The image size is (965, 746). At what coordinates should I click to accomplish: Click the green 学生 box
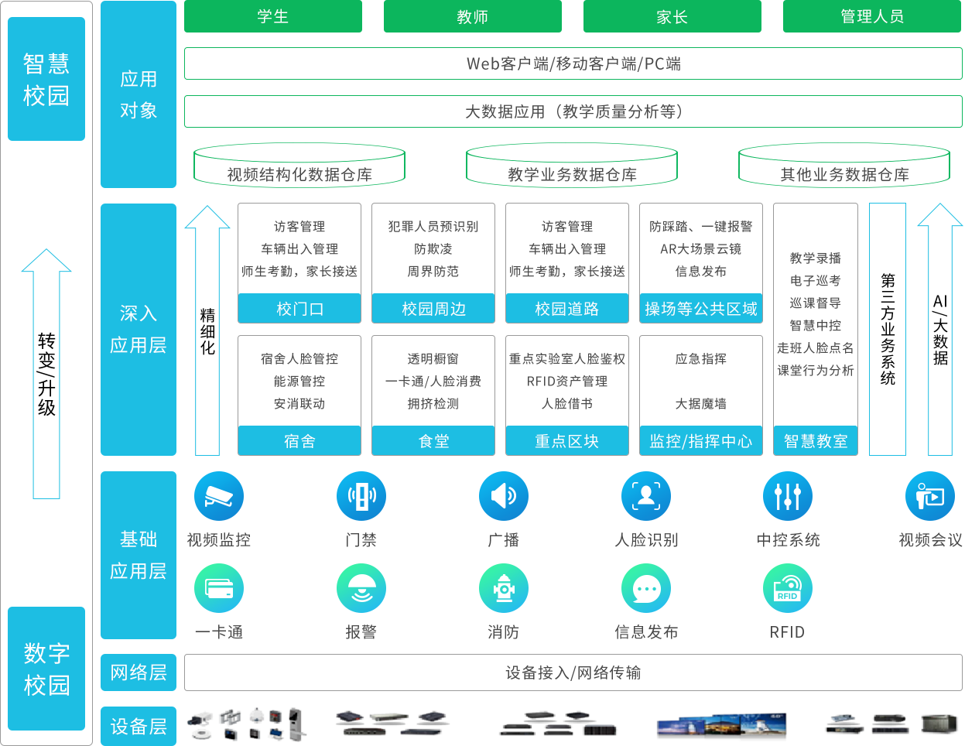tap(272, 16)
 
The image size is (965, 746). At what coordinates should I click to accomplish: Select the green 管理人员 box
tap(871, 16)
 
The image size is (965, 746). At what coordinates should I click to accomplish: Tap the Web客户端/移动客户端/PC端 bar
tap(573, 63)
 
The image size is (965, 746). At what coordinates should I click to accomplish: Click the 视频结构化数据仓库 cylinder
tap(299, 166)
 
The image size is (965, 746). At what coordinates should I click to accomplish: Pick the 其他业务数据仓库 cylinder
tap(844, 166)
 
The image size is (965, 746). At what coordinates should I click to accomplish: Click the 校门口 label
tap(299, 309)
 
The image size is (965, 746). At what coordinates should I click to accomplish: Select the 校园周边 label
tap(433, 309)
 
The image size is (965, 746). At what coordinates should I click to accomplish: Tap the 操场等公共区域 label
tap(701, 309)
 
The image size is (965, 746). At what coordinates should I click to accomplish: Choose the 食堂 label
tap(433, 441)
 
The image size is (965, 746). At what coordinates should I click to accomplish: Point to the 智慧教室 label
tap(816, 441)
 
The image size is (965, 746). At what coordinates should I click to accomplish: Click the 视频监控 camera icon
tap(219, 496)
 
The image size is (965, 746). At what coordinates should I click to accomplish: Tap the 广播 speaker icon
tap(504, 496)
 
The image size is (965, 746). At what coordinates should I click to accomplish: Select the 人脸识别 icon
tap(646, 496)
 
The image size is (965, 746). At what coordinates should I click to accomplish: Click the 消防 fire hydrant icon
tap(504, 589)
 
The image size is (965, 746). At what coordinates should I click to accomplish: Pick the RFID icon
tap(788, 589)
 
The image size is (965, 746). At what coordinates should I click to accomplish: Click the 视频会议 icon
tap(930, 496)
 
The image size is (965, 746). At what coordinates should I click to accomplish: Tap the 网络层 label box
tap(139, 672)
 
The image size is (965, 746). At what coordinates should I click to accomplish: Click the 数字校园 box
tap(46, 669)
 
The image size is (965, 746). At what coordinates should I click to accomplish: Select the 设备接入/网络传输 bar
tap(573, 672)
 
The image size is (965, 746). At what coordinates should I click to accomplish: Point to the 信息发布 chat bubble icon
tap(646, 589)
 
